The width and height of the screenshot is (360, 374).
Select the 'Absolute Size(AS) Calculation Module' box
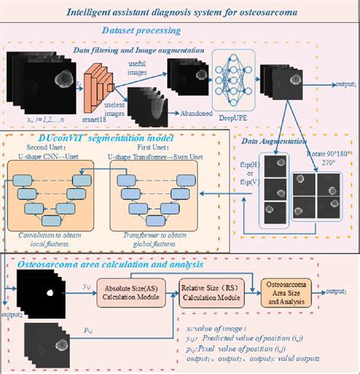click(x=134, y=293)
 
